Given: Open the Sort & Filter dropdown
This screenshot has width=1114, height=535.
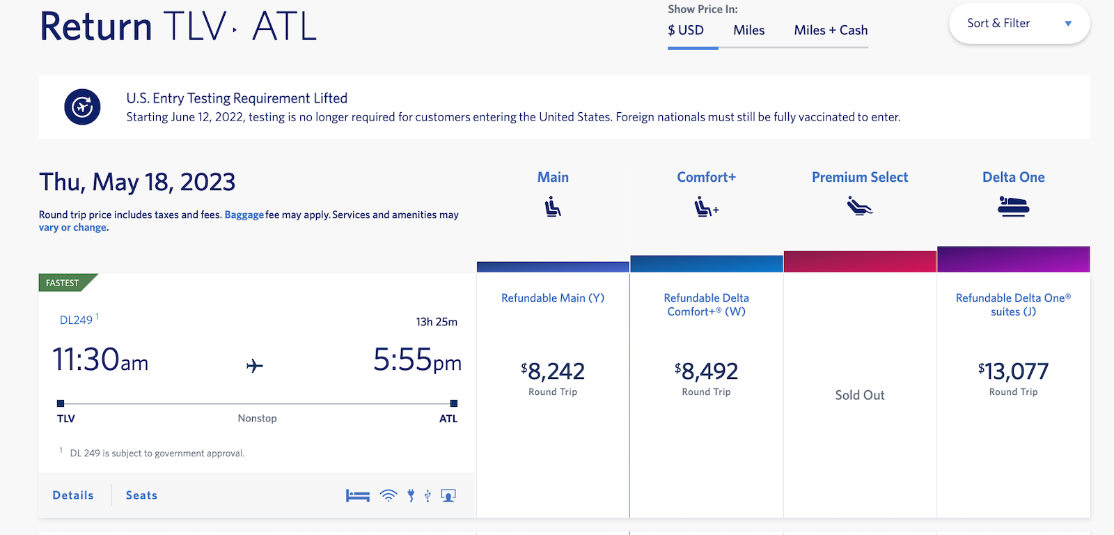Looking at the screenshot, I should click(1019, 24).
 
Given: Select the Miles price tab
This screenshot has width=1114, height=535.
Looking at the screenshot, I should click(748, 31).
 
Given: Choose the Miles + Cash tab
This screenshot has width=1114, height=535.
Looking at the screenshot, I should click(831, 31).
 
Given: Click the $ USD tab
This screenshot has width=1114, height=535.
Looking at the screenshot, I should click(686, 31).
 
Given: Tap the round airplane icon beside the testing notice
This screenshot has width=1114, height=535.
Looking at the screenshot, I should click(82, 107).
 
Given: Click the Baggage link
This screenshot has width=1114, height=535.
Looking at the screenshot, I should click(244, 215).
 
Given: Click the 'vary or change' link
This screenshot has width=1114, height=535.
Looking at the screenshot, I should click(73, 228).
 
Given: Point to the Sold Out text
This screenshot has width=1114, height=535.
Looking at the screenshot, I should click(859, 395).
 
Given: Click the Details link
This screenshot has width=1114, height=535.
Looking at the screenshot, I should click(73, 495).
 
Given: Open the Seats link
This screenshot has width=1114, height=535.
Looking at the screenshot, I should click(141, 495).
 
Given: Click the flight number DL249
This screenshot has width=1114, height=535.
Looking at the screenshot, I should click(76, 320).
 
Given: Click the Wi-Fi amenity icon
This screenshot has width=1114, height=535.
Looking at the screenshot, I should click(389, 495).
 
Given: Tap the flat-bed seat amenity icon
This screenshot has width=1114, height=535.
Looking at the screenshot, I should click(358, 495).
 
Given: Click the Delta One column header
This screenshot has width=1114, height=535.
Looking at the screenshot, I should click(1013, 178).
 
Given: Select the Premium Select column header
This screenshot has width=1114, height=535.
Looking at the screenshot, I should click(859, 178).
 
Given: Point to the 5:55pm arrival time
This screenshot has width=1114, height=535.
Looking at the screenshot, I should click(416, 360).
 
